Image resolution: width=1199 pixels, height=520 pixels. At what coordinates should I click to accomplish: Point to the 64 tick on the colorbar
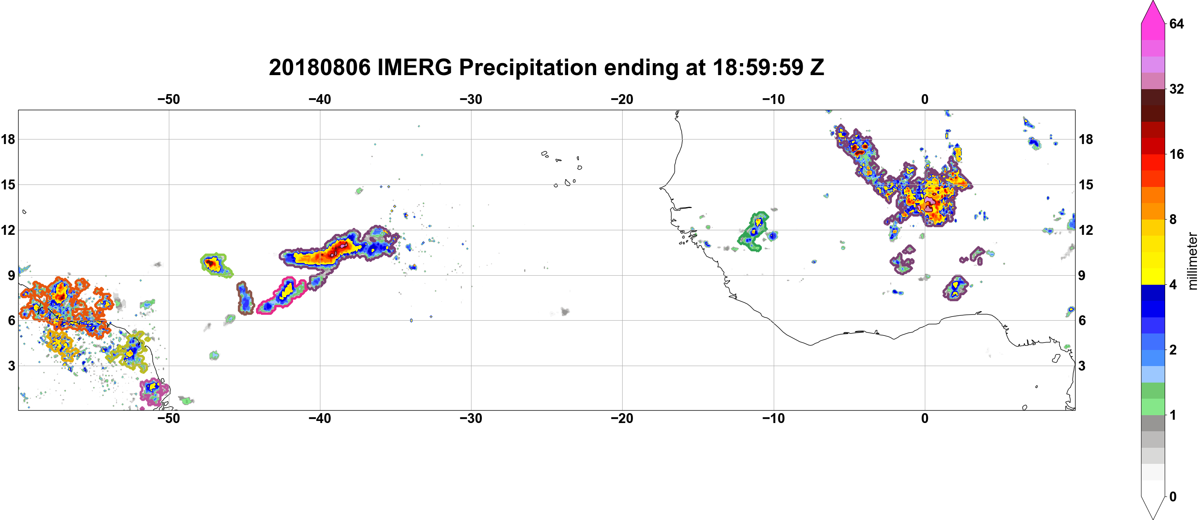coord(1176,24)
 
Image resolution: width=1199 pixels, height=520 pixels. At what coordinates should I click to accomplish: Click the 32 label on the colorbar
coord(1176,89)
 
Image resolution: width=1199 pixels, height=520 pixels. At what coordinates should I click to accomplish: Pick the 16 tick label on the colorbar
coord(1176,154)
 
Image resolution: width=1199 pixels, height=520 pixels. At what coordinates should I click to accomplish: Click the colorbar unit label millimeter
coord(1192,261)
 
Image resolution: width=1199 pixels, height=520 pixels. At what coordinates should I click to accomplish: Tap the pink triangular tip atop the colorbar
coord(1152,12)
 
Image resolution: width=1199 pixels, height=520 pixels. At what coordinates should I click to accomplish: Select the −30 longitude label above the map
coord(471,99)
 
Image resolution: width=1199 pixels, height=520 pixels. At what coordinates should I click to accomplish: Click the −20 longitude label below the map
coord(622,418)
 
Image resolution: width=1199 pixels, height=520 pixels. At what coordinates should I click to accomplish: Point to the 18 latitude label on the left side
coord(8,139)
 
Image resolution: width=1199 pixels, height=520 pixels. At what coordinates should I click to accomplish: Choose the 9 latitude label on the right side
coord(1082,275)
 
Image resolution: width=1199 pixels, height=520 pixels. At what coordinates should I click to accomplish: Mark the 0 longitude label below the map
coord(925,418)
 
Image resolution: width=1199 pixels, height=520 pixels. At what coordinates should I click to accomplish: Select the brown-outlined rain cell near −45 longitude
coord(245,298)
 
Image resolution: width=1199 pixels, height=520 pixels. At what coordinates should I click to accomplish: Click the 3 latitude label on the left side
coord(11,366)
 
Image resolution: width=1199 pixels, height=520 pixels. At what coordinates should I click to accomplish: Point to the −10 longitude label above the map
coord(774,99)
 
